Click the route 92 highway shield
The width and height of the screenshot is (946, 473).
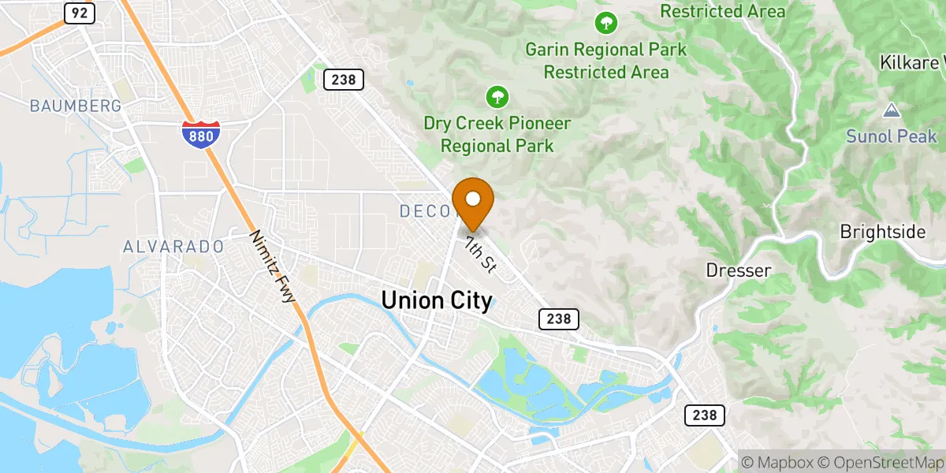[79, 12]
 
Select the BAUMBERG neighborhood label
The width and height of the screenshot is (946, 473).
[76, 106]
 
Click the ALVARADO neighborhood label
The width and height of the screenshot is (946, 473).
[173, 247]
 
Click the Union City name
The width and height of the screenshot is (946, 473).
[437, 300]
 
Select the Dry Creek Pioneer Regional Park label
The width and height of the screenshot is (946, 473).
[497, 135]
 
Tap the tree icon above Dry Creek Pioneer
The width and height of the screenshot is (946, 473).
[497, 98]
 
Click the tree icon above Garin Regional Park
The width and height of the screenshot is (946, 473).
[605, 23]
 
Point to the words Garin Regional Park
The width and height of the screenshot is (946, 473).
[606, 50]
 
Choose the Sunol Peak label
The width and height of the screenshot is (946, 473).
[892, 136]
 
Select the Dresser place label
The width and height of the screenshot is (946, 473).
[738, 270]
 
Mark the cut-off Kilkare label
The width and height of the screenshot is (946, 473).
[913, 61]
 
